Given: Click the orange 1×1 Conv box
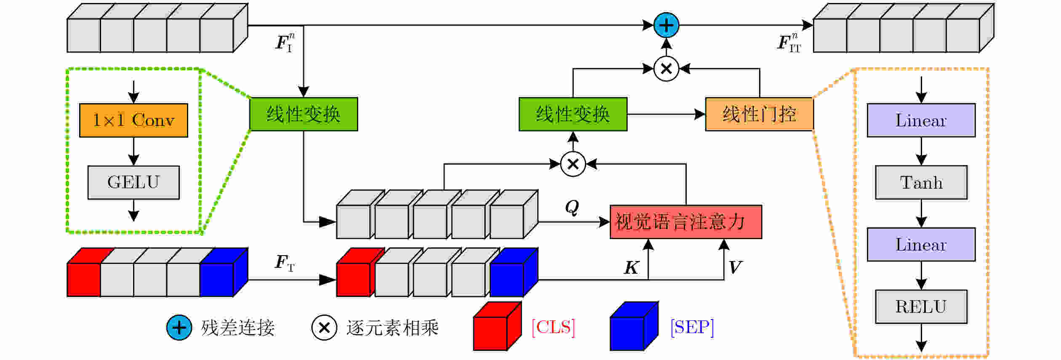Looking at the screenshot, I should [x=133, y=120].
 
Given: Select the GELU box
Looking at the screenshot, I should [x=133, y=182].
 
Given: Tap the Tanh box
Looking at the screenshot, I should [x=921, y=182].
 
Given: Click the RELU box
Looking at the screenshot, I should [x=921, y=307].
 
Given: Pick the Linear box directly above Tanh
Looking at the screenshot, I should [x=921, y=120].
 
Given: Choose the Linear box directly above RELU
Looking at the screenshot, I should [x=921, y=245].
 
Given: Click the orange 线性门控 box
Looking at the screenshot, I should [x=759, y=114].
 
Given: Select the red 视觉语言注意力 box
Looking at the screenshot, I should [x=685, y=222].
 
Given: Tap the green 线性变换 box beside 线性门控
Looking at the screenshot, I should [x=573, y=114].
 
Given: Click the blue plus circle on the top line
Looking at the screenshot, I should [x=666, y=25].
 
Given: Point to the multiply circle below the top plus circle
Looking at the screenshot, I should [x=666, y=69].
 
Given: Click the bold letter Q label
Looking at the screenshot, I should [x=572, y=207].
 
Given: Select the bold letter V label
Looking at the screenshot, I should [x=735, y=267].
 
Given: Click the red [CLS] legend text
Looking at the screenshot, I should [x=553, y=327].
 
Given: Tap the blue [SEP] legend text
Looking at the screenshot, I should [x=692, y=327].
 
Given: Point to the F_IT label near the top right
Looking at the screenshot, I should [x=789, y=43].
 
